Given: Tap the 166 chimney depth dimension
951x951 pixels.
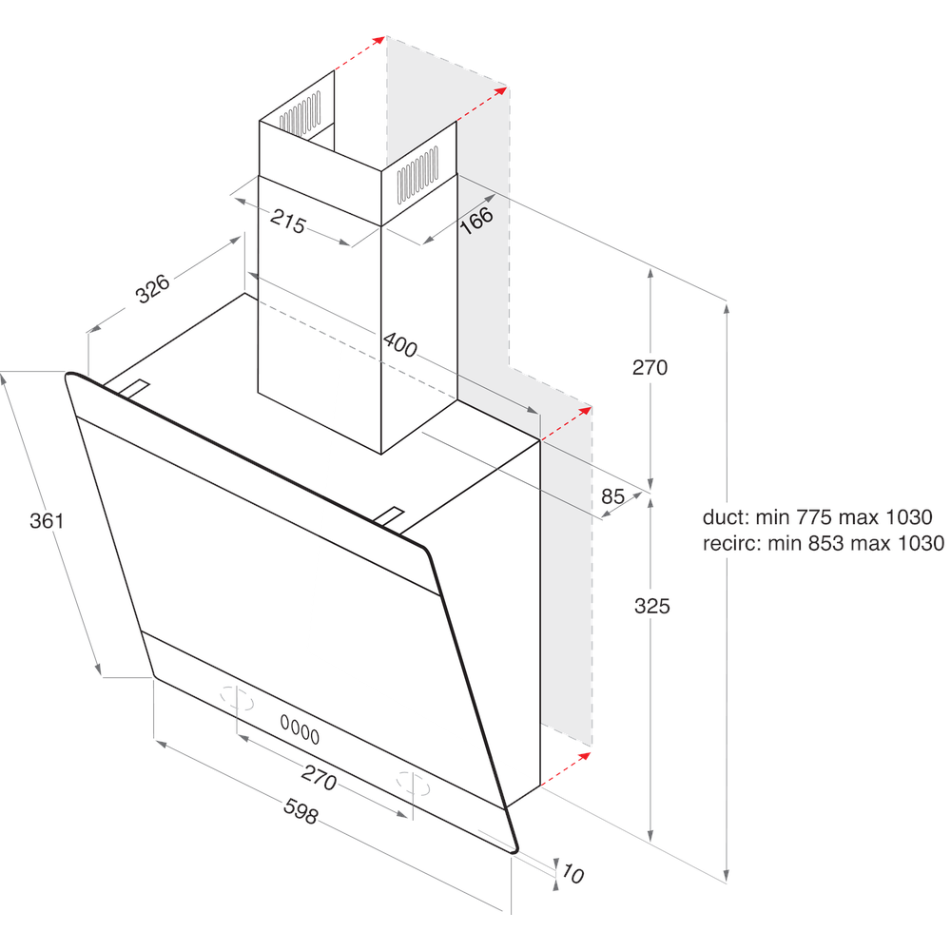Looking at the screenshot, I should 476,220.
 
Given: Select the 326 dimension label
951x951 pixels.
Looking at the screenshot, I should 153,288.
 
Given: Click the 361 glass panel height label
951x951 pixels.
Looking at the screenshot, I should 46,520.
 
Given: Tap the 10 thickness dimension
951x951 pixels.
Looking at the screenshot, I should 573,873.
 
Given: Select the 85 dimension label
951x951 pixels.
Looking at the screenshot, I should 613,495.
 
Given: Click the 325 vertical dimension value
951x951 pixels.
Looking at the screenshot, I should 651,606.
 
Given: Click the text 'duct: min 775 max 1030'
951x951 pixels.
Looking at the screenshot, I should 817,518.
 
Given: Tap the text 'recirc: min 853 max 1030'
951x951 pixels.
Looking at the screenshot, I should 823,543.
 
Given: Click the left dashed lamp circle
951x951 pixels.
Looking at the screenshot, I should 238,699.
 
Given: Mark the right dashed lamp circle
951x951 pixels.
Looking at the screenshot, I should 412,784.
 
